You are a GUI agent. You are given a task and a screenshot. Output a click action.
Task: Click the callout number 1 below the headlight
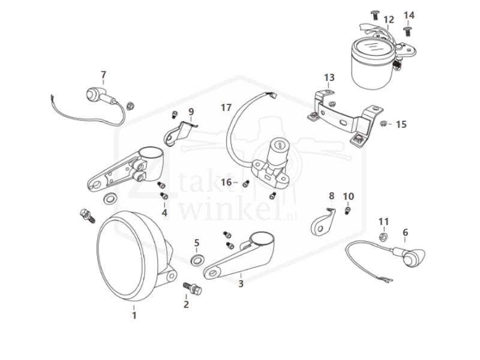[134, 314]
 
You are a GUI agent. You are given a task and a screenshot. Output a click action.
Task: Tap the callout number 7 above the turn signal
[103, 75]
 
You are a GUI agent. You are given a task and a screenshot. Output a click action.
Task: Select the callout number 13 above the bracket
[329, 78]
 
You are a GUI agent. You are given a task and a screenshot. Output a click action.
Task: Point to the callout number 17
[226, 108]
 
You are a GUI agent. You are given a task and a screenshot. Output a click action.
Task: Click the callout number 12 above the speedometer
[388, 20]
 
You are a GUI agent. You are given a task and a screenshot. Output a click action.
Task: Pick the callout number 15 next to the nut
[401, 124]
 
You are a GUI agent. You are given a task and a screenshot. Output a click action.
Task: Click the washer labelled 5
[196, 260]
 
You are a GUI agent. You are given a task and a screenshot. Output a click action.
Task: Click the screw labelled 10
[348, 211]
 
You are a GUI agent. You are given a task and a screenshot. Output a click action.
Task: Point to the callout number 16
[226, 182]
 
